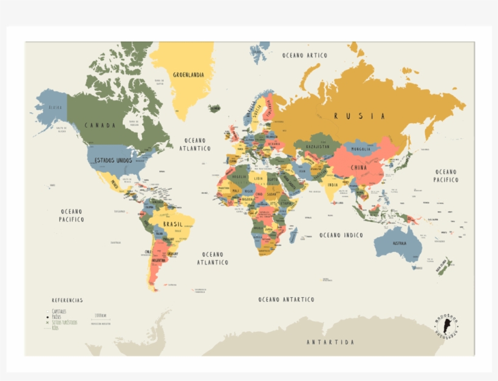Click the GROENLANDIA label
(x=188, y=75)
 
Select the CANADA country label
(x=100, y=126)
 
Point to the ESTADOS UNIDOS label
(x=113, y=160)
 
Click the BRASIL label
(x=172, y=224)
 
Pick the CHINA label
(x=358, y=168)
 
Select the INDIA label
(x=333, y=185)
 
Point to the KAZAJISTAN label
(x=317, y=146)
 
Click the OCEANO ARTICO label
(x=305, y=55)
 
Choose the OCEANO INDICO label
(x=341, y=235)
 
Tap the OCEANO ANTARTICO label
(x=286, y=300)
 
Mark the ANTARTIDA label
(x=330, y=342)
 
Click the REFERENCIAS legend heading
(x=67, y=300)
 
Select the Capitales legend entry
(x=59, y=311)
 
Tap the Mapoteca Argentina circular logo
(x=447, y=327)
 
